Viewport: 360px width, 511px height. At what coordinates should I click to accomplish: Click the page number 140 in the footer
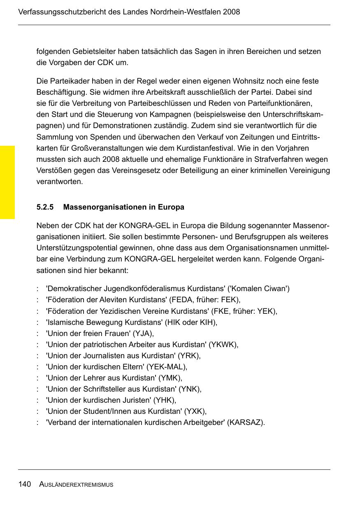pos(25,485)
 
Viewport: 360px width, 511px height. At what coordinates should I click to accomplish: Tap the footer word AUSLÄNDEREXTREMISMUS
pos(76,485)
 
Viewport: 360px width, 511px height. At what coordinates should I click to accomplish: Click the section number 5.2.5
pos(45,207)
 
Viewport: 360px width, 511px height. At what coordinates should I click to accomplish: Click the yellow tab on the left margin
pos(7,182)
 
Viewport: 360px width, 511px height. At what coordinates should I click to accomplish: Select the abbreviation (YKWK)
pos(223,345)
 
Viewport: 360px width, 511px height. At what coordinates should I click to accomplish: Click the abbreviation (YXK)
pos(195,411)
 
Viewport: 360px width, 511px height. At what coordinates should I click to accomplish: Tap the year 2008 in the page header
pos(231,12)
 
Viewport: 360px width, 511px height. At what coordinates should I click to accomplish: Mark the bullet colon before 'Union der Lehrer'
pos(38,378)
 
